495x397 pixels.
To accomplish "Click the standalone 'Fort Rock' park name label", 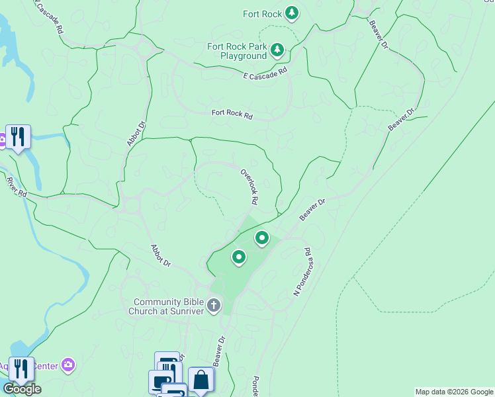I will (x=261, y=13).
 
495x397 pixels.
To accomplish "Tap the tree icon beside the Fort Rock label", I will (x=292, y=13).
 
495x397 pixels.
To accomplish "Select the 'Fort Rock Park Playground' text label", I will (x=237, y=51).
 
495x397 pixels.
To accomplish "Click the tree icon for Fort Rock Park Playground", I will (x=277, y=50).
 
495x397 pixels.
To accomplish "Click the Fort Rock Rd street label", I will (x=232, y=114).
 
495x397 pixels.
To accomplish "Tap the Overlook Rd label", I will (x=249, y=186).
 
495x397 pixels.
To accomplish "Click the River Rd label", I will (x=17, y=187).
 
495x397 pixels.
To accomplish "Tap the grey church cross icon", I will (x=213, y=306).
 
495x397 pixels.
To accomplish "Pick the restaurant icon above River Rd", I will (x=18, y=137).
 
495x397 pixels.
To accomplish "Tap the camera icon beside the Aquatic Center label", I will (x=67, y=365).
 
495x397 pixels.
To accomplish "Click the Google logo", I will (x=22, y=389).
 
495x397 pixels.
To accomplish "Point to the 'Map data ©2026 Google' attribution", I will (x=454, y=392).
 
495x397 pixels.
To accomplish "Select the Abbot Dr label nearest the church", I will (x=161, y=255).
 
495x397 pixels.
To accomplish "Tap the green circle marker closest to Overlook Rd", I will (x=262, y=238).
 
